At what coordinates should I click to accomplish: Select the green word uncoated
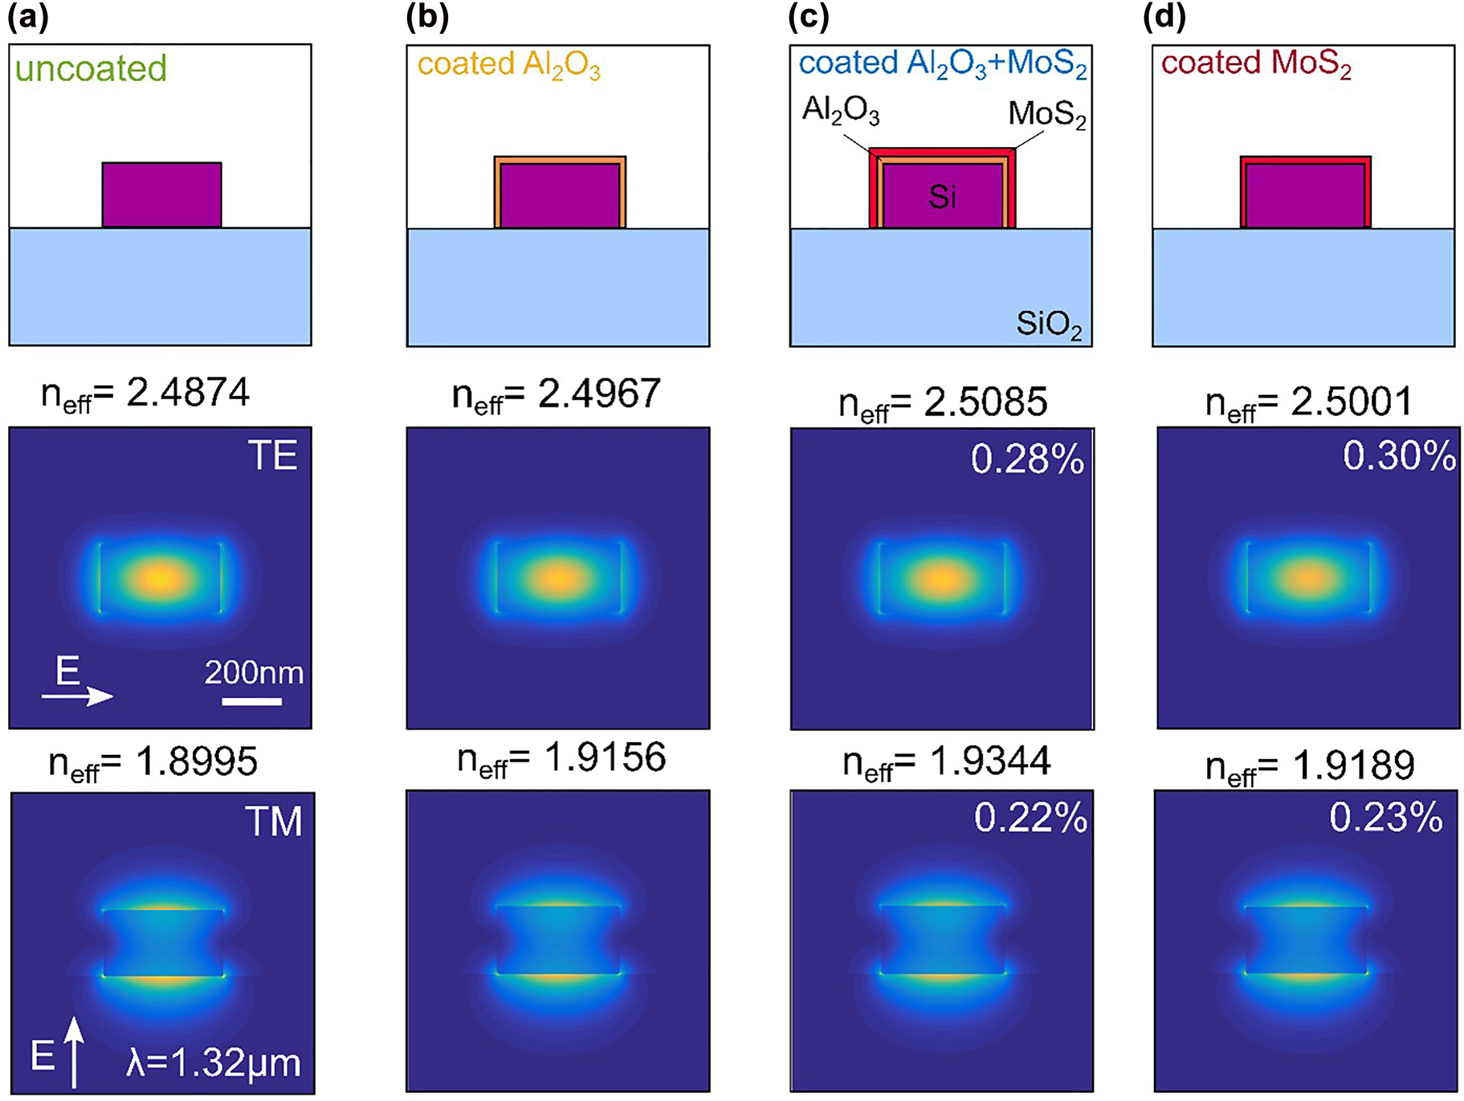pos(91,68)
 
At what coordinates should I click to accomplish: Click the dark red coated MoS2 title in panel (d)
pos(1256,64)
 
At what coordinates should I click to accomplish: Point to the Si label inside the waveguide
pos(942,196)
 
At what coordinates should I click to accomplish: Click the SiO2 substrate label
pos(1049,324)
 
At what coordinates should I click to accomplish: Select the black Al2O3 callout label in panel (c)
pos(841,110)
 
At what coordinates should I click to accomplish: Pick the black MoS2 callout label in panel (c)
pos(1046,115)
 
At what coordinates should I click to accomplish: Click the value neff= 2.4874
pos(145,394)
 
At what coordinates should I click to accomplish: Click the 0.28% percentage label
pos(1027,459)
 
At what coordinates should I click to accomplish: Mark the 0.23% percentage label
pos(1385,818)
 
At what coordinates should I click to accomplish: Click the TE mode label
pos(272,456)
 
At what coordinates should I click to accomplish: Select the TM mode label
pos(273,822)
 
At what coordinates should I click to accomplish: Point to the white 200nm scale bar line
pos(251,702)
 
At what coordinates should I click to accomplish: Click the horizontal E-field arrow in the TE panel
pos(78,695)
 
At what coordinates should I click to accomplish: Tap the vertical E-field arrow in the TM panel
pos(74,1052)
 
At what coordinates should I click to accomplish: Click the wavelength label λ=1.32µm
pos(214,1062)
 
